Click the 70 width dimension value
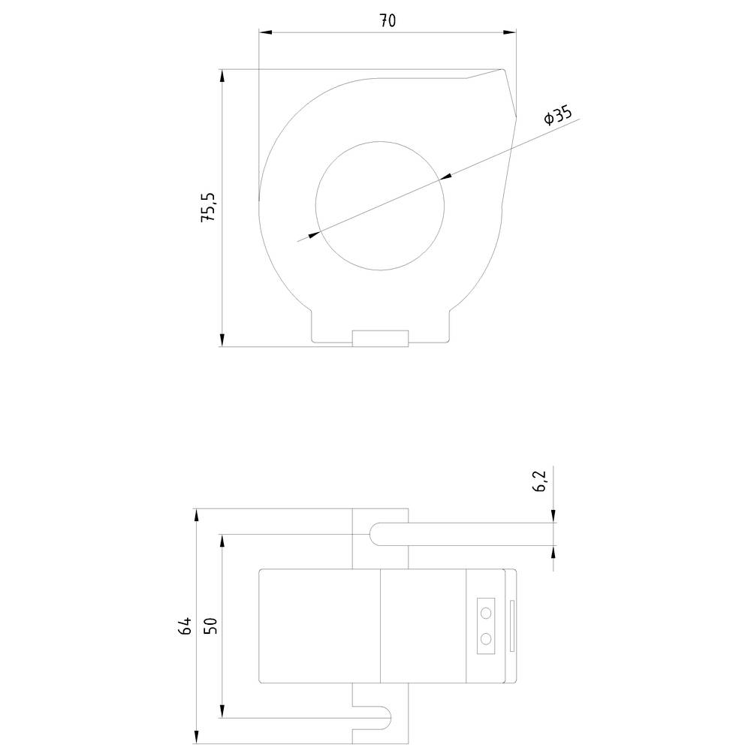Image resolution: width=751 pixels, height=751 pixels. pos(387,21)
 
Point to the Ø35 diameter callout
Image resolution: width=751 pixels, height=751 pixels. pos(559,116)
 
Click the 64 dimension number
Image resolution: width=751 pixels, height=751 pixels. pos(185,626)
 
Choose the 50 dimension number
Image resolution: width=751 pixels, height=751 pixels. pos(210,626)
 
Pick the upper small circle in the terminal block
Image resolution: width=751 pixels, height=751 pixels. pos(487,613)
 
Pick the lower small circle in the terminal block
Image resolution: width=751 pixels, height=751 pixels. pos(487,638)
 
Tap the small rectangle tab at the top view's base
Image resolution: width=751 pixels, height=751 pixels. pos(380,338)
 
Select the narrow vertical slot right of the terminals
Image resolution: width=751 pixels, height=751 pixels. pos(512,626)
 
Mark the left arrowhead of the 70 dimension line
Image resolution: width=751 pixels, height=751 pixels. pos(264,32)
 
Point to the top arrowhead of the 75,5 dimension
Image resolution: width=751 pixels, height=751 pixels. pos(222,76)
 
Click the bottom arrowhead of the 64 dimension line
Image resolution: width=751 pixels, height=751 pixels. pos(197,737)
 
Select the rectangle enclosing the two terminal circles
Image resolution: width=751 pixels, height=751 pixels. pos(487,626)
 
